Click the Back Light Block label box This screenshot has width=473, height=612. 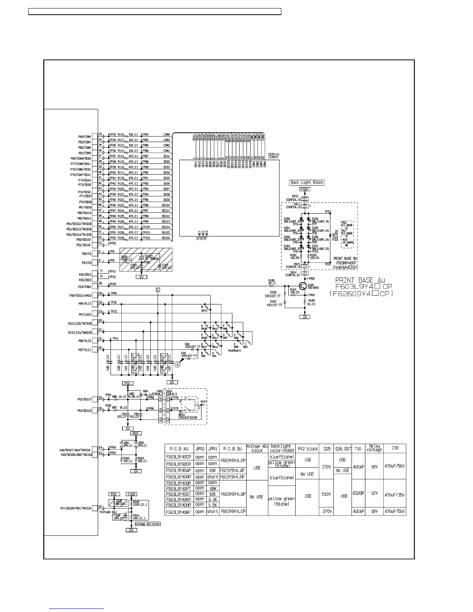point(307,182)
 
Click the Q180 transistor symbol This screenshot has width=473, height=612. point(302,286)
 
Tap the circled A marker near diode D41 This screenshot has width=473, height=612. point(178,364)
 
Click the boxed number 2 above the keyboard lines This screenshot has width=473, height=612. point(158,289)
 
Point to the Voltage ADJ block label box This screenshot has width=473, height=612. point(148,524)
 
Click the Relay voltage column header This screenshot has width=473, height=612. point(374,448)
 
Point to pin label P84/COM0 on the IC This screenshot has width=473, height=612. point(85,137)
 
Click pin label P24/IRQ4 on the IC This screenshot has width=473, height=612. point(85,287)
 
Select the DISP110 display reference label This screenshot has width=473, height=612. point(274,154)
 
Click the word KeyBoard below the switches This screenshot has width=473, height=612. point(234,350)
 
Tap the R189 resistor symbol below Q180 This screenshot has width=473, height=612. point(305,301)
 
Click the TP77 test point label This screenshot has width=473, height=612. point(203,402)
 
